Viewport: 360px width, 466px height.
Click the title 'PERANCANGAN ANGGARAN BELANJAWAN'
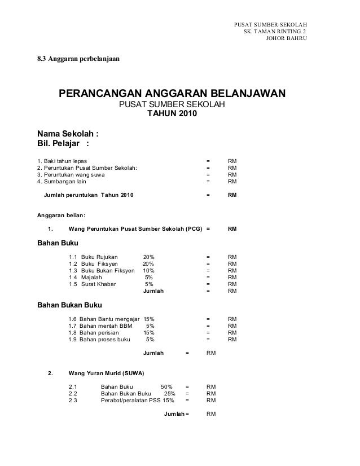173,93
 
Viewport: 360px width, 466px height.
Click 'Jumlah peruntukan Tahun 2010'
89,195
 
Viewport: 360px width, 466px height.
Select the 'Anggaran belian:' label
62,215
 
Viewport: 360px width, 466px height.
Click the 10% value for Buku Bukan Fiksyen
148,271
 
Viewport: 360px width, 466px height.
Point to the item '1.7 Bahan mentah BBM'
100,326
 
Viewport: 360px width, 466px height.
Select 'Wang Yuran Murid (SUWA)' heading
106,373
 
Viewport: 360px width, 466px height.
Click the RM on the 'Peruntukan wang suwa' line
232,174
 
